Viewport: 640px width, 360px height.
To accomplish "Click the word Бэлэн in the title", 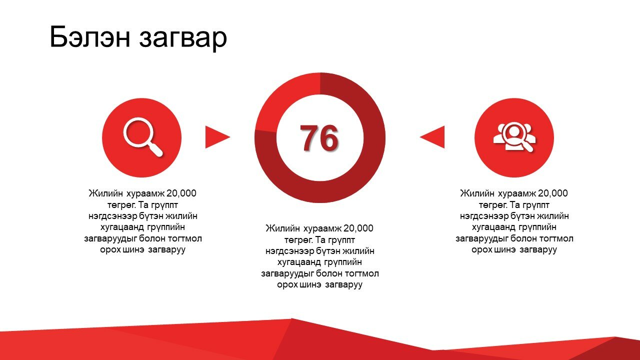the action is pos(90,36).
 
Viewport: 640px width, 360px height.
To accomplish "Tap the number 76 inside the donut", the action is pos(319,138).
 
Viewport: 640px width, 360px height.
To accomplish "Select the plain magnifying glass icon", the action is pos(143,137).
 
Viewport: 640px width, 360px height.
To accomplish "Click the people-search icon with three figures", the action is pos(514,137).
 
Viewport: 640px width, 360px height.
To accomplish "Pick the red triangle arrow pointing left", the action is pos(432,137).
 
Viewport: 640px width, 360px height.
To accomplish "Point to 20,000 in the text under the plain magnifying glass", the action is pos(181,193).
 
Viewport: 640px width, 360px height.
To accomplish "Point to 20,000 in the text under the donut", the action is pos(358,228).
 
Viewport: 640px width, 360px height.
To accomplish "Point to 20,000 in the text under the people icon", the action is pos(553,193).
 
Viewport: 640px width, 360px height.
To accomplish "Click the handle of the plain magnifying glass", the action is pos(155,149).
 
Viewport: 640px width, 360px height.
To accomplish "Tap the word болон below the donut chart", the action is pos(329,273).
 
